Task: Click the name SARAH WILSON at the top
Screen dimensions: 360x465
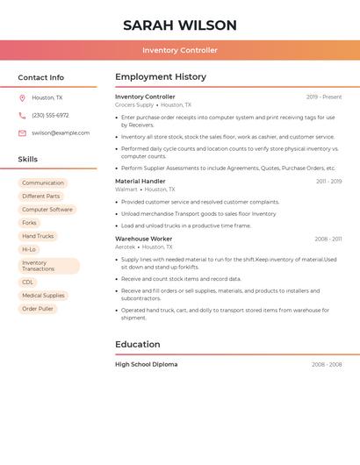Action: point(180,25)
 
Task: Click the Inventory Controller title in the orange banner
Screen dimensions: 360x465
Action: point(180,50)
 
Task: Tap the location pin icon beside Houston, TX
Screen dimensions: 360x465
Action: point(22,97)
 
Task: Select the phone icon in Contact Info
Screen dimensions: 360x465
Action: point(22,115)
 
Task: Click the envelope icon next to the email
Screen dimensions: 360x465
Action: point(22,132)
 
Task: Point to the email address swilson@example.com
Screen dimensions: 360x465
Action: point(61,132)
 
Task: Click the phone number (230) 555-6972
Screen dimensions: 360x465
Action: point(50,115)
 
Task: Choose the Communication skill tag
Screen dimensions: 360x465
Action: point(43,183)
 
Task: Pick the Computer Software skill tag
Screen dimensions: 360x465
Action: point(47,210)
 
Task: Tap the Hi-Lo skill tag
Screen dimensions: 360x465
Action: point(29,249)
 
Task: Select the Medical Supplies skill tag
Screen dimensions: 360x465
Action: point(43,296)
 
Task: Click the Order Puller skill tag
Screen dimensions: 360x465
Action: point(38,309)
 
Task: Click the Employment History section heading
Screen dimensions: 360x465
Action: point(161,77)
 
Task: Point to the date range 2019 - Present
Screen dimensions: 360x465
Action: point(324,97)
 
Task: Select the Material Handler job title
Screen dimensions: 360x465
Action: point(140,181)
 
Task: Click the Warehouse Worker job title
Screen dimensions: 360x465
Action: point(144,239)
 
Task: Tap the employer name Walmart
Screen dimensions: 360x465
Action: point(126,190)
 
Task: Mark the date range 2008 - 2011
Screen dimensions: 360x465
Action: point(328,239)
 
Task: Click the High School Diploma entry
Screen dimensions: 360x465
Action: point(146,364)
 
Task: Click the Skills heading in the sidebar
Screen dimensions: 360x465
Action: point(28,160)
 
